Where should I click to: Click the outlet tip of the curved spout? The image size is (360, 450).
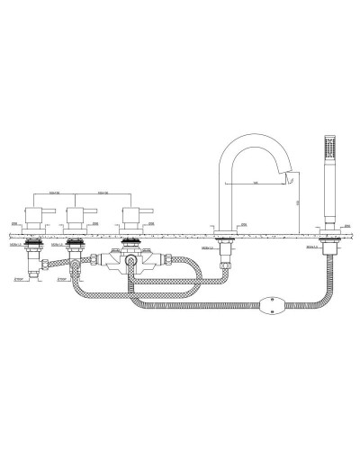coord(290,182)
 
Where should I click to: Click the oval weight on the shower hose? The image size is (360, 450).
coord(268,303)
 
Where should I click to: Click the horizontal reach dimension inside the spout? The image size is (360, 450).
coord(256,184)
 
